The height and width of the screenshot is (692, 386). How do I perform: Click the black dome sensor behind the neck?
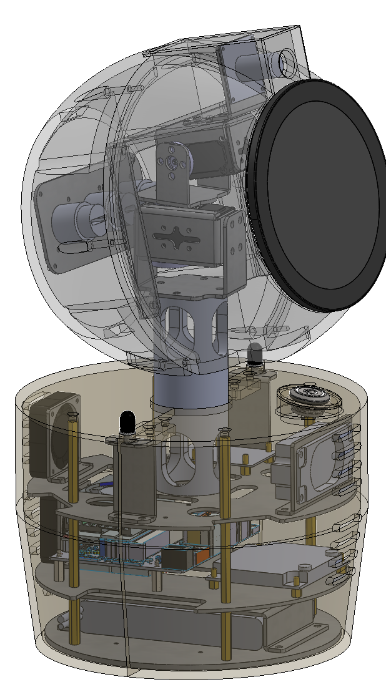pyautogui.click(x=255, y=354)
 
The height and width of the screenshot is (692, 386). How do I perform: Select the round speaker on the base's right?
pyautogui.click(x=310, y=399)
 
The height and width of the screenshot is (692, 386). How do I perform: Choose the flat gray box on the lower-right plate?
pyautogui.click(x=269, y=565)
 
